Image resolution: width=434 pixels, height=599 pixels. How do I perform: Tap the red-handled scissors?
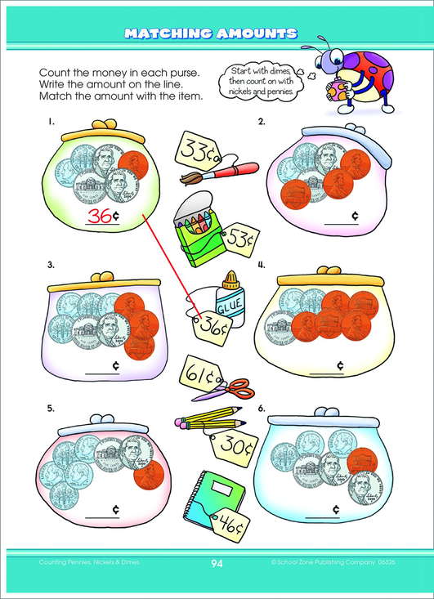pyautogui.click(x=226, y=390)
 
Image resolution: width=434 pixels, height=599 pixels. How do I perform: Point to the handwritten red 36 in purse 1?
pyautogui.click(x=99, y=217)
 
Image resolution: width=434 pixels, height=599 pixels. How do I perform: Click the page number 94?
pyautogui.click(x=217, y=563)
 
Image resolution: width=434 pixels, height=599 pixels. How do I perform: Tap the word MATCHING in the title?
pyautogui.click(x=168, y=34)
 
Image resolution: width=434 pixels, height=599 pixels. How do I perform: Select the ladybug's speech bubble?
pyautogui.click(x=262, y=81)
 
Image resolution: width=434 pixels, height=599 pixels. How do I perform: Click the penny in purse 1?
pyautogui.click(x=132, y=166)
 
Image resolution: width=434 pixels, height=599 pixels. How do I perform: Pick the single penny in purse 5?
pyautogui.click(x=150, y=475)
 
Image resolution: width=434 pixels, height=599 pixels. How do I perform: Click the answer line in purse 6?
pyautogui.click(x=323, y=517)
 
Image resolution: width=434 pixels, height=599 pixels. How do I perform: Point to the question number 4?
pyautogui.click(x=262, y=265)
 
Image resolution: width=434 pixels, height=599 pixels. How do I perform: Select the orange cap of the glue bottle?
pyautogui.click(x=230, y=280)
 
